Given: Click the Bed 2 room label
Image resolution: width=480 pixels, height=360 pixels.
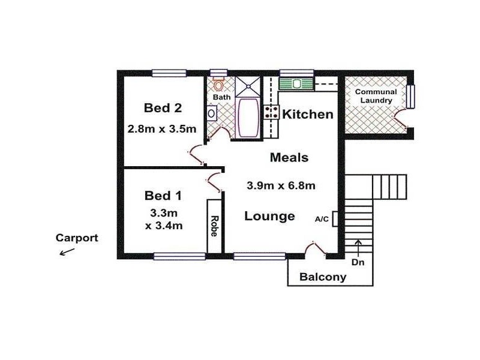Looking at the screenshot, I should (163, 108).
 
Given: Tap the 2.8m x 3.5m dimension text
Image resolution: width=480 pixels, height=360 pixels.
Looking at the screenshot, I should (162, 128).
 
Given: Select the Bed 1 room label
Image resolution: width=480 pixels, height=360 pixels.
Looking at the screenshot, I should (163, 195).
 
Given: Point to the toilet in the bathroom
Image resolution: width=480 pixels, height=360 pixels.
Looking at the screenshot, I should (219, 85).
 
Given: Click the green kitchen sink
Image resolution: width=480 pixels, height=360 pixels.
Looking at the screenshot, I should (297, 83).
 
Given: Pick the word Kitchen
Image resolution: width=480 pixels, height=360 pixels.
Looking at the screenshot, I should (307, 114).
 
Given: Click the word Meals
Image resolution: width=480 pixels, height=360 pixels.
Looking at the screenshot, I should (289, 158).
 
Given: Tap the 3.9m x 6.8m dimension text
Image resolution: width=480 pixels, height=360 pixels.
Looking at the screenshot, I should (281, 185).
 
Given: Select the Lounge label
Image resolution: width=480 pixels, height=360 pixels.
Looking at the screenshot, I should (269, 216).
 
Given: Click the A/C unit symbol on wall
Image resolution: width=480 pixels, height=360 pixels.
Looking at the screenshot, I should (335, 218).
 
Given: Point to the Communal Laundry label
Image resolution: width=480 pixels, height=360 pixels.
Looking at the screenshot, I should (376, 96).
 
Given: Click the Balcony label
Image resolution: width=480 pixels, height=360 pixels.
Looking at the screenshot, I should (323, 277).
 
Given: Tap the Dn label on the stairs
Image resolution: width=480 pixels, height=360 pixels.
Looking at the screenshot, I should (358, 262).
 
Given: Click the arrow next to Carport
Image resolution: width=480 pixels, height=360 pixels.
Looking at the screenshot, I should (66, 251).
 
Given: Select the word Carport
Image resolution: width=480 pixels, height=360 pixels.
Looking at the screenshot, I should (77, 238).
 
